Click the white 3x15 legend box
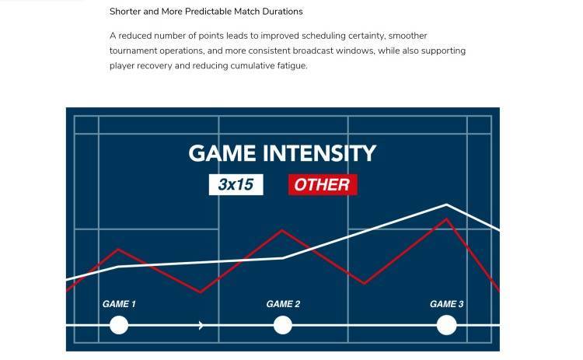point(236,184)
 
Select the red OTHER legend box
point(323,184)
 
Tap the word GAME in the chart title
point(222,153)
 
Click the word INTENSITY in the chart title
point(319,153)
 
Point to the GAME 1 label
point(119,304)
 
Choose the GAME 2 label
point(283,304)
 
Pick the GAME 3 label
point(446,304)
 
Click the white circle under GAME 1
point(119,325)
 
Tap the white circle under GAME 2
point(283,325)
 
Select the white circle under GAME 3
point(446,325)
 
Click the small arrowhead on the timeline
point(201,325)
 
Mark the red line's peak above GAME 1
point(118,249)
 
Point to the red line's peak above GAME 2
point(282,231)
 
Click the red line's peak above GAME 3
point(446,219)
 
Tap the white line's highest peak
point(446,204)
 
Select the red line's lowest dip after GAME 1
point(201,292)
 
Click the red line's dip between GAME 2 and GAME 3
point(365,283)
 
